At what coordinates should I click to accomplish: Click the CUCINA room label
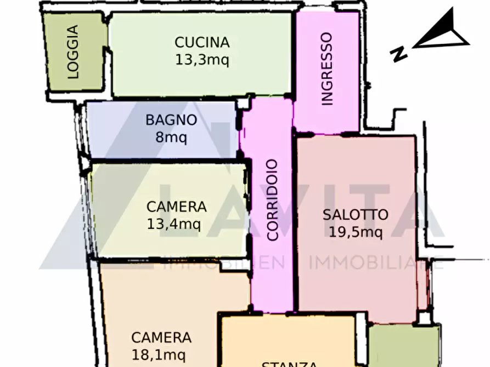click(201, 42)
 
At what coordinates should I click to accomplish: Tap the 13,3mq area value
click(201, 59)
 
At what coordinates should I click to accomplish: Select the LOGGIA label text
click(74, 52)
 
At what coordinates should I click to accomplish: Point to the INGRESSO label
click(327, 69)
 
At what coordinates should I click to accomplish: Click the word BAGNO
click(171, 120)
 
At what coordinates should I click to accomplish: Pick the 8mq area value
click(171, 137)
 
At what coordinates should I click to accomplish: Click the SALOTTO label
click(355, 215)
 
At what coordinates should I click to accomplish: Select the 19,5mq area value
click(355, 232)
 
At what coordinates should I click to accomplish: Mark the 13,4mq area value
click(174, 223)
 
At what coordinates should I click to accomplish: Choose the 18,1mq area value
click(161, 354)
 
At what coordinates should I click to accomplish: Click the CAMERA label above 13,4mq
click(176, 207)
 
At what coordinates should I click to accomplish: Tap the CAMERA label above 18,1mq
click(161, 337)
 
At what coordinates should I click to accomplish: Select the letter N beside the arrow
click(399, 54)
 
